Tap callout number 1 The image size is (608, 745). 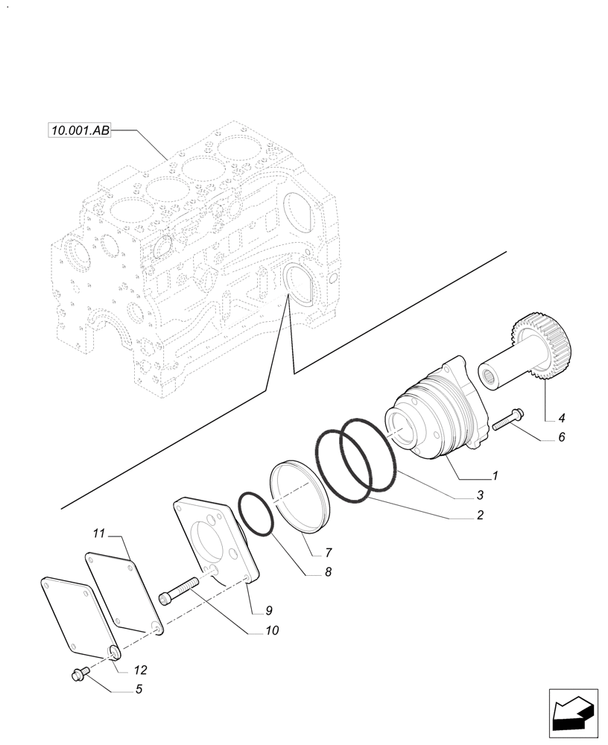pyautogui.click(x=495, y=475)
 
